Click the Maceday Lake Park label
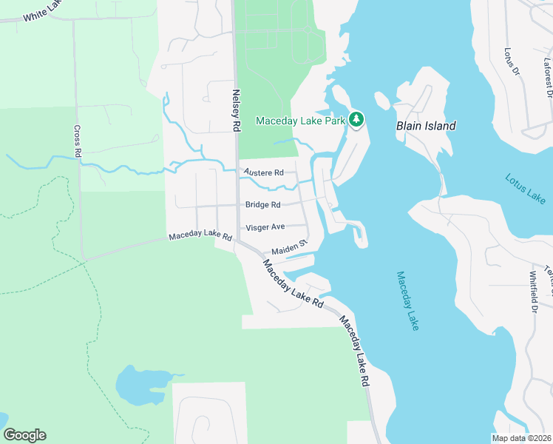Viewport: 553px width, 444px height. [x=302, y=121]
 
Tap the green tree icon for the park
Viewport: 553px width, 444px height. [x=356, y=119]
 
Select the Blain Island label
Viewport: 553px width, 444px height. [x=426, y=126]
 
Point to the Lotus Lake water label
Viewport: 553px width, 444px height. [x=526, y=189]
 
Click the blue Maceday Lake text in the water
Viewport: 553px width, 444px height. [x=407, y=300]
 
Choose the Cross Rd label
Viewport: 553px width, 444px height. [x=77, y=140]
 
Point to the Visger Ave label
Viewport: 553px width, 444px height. [x=265, y=227]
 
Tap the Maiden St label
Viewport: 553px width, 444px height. [x=288, y=251]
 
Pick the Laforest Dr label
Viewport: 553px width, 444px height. [x=548, y=78]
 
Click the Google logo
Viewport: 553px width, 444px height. [x=24, y=435]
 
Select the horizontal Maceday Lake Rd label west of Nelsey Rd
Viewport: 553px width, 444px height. [x=200, y=238]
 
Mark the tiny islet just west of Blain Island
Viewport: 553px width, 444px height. [x=382, y=101]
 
